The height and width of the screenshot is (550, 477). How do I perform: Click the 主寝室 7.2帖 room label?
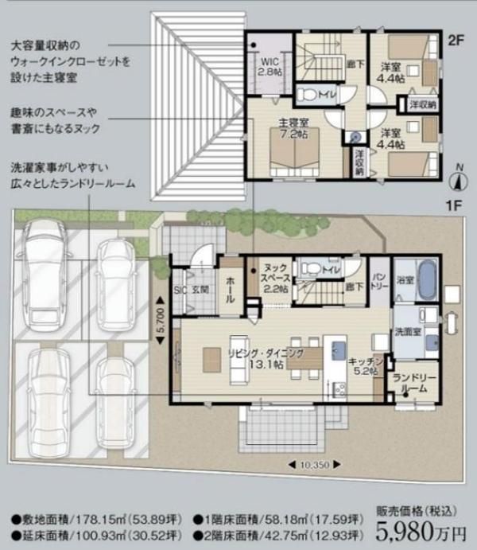pyautogui.click(x=293, y=130)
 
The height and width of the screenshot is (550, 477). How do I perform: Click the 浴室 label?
pyautogui.click(x=405, y=280)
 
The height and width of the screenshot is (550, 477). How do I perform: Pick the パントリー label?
pyautogui.click(x=379, y=278)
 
